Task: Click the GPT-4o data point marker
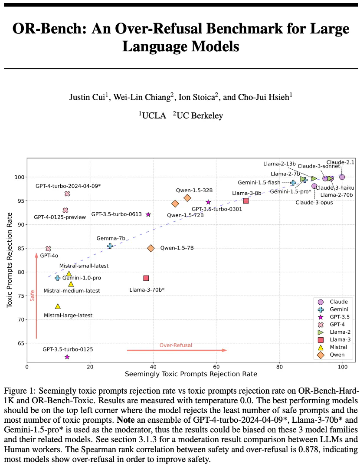click(x=48, y=249)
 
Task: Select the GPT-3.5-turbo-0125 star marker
click(x=67, y=357)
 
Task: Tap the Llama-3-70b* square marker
click(x=146, y=278)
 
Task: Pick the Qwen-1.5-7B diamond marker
click(x=151, y=248)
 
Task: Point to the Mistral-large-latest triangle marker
click(x=58, y=306)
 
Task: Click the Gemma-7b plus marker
click(x=110, y=246)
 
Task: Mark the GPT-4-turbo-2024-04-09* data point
click(x=67, y=194)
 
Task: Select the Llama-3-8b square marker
click(x=246, y=201)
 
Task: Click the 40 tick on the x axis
click(x=153, y=366)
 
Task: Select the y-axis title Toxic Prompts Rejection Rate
click(x=10, y=260)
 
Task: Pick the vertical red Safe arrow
click(x=37, y=295)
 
